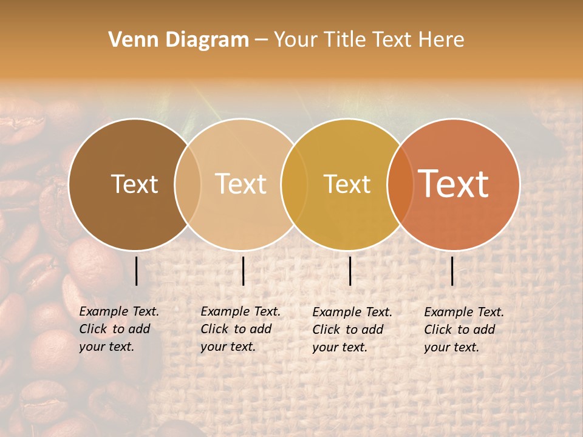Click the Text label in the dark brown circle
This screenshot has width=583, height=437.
[134, 184]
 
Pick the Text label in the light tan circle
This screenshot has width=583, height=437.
[241, 184]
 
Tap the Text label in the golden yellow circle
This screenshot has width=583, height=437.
[347, 184]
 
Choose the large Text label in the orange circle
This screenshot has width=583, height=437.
[454, 184]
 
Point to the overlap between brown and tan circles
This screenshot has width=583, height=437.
[188, 184]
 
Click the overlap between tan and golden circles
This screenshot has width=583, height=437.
[294, 184]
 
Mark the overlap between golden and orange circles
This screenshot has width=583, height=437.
[400, 184]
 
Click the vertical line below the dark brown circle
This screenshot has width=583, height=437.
[136, 271]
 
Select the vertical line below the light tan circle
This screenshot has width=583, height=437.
[243, 271]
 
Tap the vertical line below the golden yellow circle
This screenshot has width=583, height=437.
[350, 271]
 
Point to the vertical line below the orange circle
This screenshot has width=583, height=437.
[452, 271]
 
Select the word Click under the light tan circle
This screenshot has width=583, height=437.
[214, 329]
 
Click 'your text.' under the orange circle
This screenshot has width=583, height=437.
[452, 347]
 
